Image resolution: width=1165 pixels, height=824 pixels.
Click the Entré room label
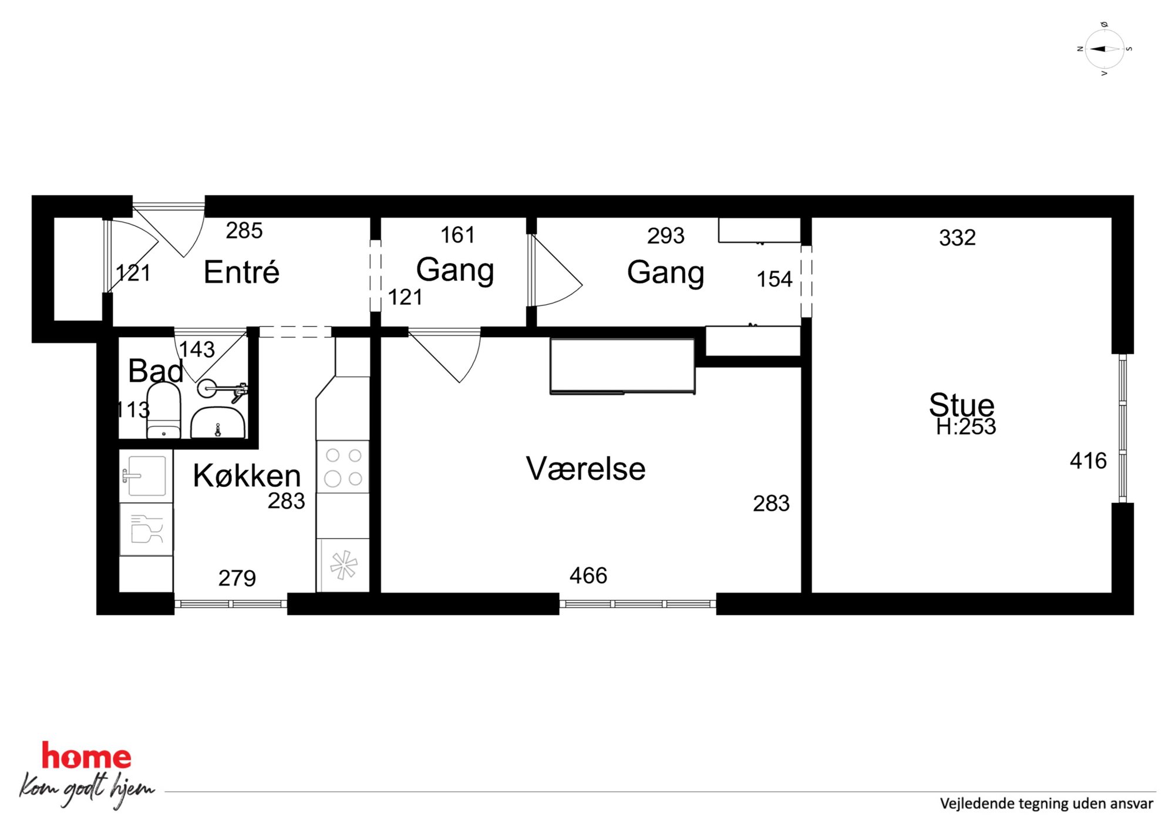click(241, 272)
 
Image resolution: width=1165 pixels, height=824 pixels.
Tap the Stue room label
click(961, 404)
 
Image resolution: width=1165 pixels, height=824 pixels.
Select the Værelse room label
click(585, 469)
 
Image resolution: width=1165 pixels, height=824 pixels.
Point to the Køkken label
click(247, 475)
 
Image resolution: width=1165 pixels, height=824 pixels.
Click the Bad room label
click(155, 371)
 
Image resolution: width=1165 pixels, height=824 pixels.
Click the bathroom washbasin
click(218, 422)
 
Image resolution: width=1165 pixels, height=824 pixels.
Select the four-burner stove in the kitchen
click(344, 467)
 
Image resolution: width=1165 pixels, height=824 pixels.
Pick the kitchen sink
click(146, 476)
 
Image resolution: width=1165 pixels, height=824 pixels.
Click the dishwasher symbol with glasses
click(146, 529)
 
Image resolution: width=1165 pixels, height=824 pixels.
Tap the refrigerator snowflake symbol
click(344, 565)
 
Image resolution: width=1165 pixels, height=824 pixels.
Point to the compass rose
click(1105, 49)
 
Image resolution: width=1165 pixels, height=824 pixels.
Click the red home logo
click(86, 756)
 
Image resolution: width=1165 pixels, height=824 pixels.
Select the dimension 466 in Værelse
click(588, 576)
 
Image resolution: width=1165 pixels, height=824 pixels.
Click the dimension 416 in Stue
click(1088, 461)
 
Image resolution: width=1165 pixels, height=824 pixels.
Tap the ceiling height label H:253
click(966, 427)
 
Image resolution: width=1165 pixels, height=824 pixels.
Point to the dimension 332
click(957, 238)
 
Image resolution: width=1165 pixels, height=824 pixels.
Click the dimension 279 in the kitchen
click(237, 579)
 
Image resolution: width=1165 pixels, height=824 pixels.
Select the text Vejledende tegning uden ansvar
click(1046, 803)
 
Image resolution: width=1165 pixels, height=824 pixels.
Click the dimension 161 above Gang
click(457, 235)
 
